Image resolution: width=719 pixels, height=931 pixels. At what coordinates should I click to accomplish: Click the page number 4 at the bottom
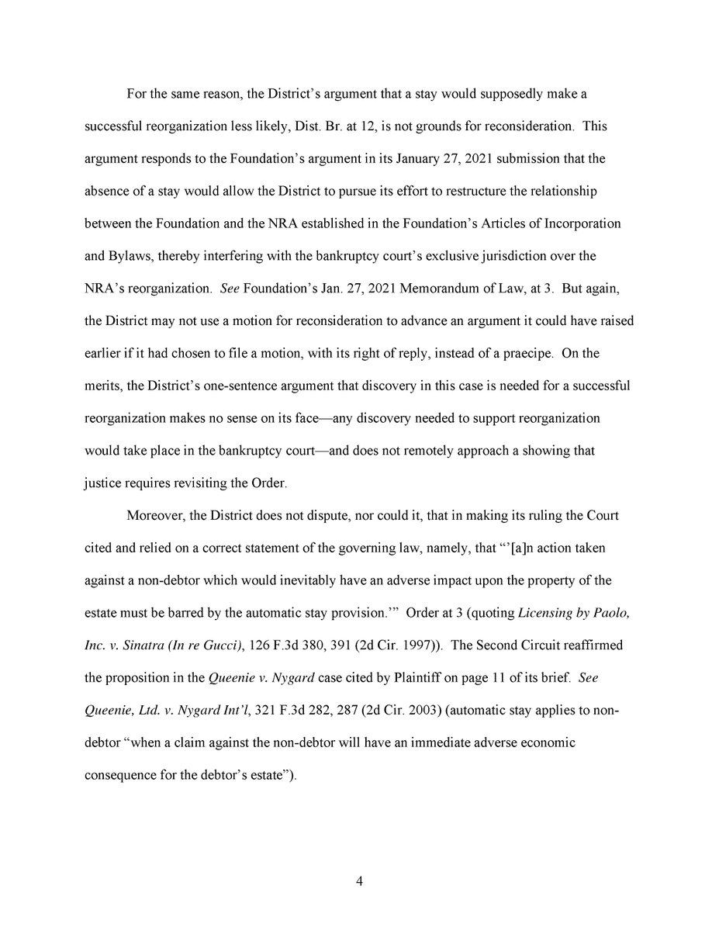click(x=359, y=881)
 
